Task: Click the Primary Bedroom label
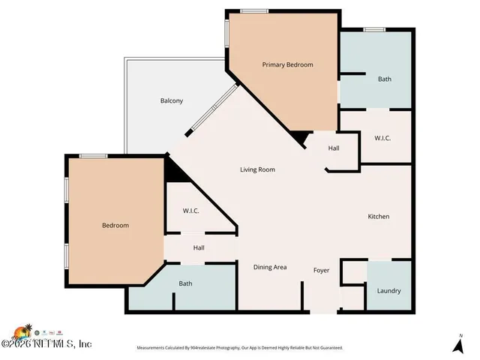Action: tap(287, 65)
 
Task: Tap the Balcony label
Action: tap(171, 101)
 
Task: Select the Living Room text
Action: tap(257, 170)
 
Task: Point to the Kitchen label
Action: tap(378, 217)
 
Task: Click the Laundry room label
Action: tap(388, 291)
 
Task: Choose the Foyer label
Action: tap(321, 269)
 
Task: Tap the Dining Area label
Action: tap(270, 267)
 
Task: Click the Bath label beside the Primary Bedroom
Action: tap(384, 79)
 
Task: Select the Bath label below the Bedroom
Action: tap(185, 283)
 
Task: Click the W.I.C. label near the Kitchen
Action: tap(382, 139)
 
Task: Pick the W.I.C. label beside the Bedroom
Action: tap(191, 211)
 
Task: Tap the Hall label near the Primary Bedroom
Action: tap(334, 148)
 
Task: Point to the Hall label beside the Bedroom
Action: tap(199, 247)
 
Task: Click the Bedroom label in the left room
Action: tap(115, 226)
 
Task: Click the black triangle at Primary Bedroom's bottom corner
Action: tap(301, 137)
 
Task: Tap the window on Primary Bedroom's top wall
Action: tap(254, 10)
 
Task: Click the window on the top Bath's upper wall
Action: tap(374, 29)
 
